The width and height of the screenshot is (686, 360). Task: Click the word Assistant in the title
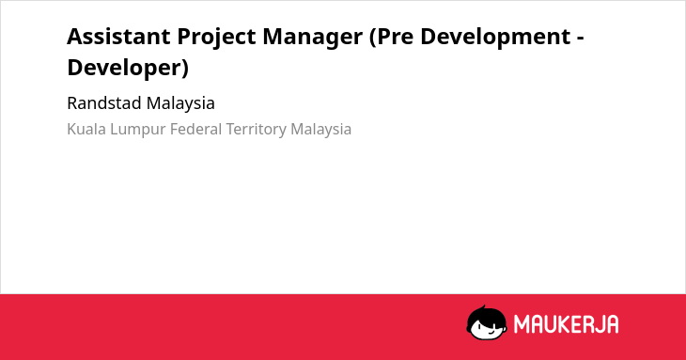[118, 37]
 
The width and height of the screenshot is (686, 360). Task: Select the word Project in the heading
[216, 38]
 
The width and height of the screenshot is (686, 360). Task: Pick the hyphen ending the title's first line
[581, 39]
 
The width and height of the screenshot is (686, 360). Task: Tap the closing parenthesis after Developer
[185, 69]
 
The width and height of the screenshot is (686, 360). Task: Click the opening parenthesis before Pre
[373, 38]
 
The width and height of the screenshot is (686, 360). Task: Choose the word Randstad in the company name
[104, 103]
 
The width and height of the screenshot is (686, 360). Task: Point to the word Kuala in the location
[86, 130]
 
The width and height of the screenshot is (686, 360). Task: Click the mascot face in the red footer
[487, 323]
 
